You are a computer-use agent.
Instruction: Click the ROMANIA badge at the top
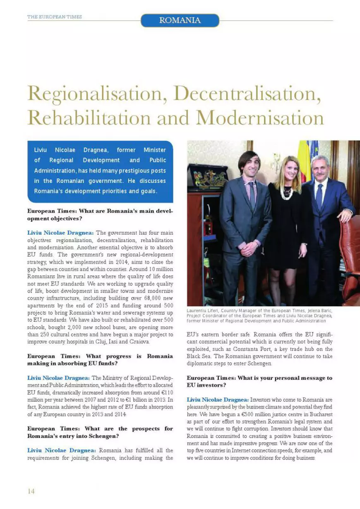[x=180, y=20]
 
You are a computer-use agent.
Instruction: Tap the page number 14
[x=31, y=491]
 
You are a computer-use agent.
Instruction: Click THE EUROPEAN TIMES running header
[x=54, y=17]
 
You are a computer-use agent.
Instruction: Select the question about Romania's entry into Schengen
[x=100, y=432]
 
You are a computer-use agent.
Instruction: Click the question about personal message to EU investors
[x=259, y=381]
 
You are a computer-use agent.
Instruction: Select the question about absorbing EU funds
[x=100, y=359]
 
